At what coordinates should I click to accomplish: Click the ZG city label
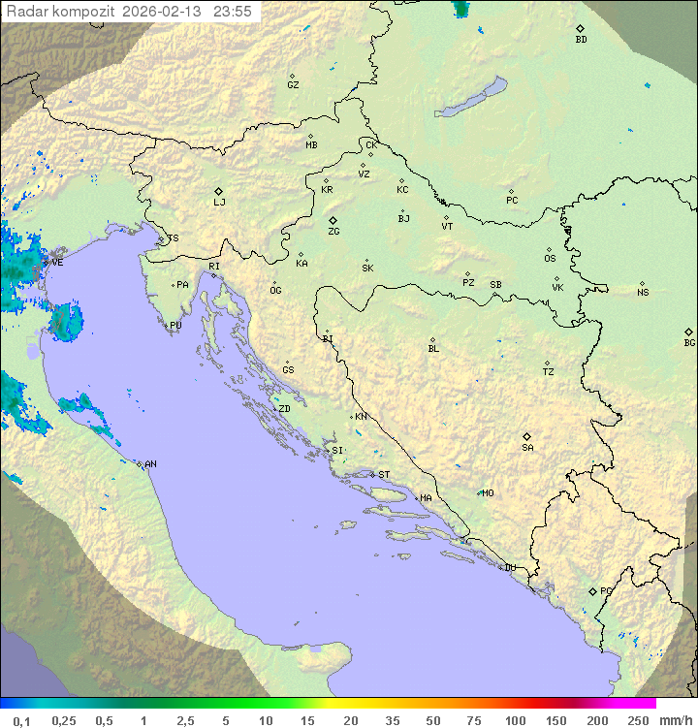tap(333, 232)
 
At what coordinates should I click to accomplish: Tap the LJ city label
tap(219, 203)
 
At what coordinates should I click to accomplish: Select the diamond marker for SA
tap(526, 436)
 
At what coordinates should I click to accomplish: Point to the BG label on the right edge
tap(689, 342)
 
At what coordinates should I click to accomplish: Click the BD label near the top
tap(580, 40)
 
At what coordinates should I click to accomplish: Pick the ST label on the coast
tap(384, 475)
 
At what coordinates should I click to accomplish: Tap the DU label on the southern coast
tap(509, 568)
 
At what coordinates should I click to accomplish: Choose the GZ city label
tap(293, 85)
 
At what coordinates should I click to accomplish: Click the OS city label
tap(550, 259)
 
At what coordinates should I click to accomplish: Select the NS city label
tap(643, 293)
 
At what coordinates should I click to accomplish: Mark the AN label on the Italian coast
tap(150, 465)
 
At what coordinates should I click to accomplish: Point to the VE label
tap(57, 263)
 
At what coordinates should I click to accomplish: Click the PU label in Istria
tap(175, 326)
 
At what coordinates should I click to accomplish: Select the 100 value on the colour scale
tap(515, 720)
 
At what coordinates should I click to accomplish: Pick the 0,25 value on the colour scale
tap(64, 720)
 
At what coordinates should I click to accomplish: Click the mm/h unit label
tap(673, 720)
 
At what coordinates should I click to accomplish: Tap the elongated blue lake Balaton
tap(471, 98)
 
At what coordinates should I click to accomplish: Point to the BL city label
tap(433, 349)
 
